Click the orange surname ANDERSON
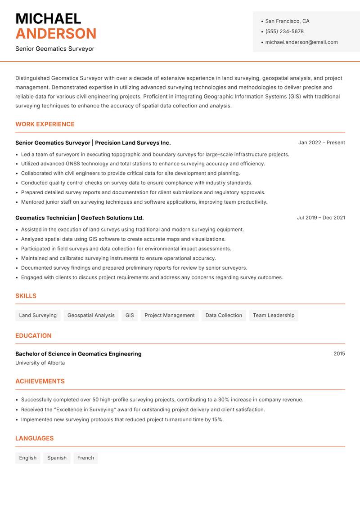point(56,34)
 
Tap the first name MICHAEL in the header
point(48,18)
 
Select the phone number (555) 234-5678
point(284,31)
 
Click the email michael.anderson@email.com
point(301,42)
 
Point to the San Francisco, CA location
point(287,21)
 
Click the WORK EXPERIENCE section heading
point(45,124)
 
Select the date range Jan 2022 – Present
point(321,143)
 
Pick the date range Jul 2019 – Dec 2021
point(321,218)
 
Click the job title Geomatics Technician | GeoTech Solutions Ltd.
point(79,218)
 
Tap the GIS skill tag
point(130,315)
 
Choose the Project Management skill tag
point(170,315)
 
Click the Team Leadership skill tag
point(274,315)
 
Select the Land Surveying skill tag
point(38,315)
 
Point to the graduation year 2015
point(339,354)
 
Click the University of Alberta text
point(40,363)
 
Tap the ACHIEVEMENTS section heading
point(40,381)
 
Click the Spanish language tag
point(57,458)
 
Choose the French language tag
point(85,458)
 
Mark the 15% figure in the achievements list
point(217,419)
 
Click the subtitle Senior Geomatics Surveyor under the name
point(55,49)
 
